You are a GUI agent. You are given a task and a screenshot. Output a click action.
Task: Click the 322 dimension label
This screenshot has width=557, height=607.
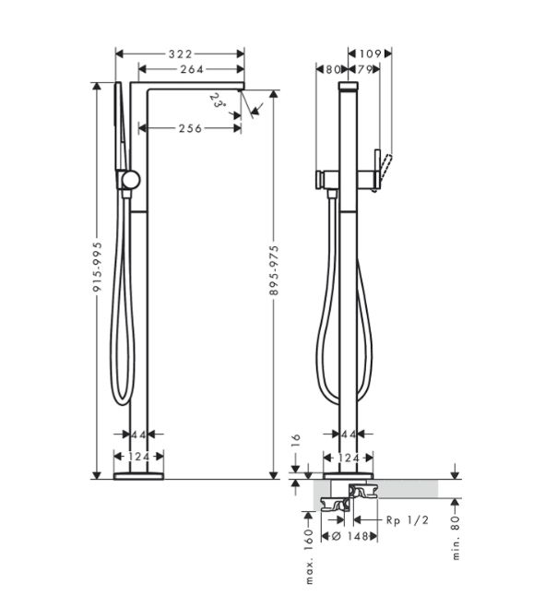181,54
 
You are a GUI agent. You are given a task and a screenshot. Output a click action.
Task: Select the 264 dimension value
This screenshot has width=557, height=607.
192,69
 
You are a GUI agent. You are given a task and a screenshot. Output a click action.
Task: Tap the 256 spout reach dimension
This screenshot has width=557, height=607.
190,128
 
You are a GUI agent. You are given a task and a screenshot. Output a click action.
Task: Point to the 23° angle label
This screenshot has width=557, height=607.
218,101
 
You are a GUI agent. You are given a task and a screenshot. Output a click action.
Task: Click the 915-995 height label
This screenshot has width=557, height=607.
97,267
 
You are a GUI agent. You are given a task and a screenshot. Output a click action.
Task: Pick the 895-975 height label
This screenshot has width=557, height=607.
274,269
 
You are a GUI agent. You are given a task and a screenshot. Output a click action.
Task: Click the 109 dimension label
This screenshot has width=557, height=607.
370,54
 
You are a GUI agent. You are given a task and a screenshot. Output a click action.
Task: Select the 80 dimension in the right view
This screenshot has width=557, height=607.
333,69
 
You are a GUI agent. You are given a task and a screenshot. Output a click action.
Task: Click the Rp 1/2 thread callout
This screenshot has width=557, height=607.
408,520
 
